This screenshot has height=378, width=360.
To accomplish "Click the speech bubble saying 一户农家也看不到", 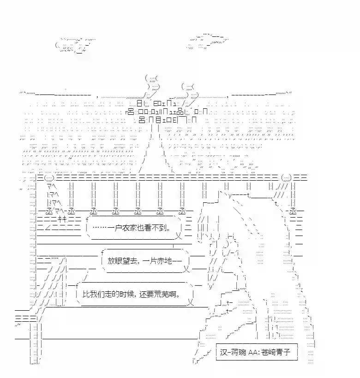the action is click(x=134, y=228).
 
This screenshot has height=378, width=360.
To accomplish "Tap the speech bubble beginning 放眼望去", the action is click(x=145, y=261).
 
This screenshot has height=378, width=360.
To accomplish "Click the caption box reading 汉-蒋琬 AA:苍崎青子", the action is click(x=257, y=352).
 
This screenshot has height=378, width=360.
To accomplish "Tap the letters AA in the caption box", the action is click(x=253, y=353).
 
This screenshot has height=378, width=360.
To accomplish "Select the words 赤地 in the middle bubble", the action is click(x=164, y=261).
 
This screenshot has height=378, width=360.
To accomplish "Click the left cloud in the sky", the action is click(x=75, y=45).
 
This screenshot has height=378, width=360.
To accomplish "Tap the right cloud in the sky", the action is click(x=207, y=41).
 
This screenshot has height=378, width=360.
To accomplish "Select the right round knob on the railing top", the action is click(x=287, y=178).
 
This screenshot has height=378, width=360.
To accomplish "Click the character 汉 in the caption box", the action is click(x=224, y=352).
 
